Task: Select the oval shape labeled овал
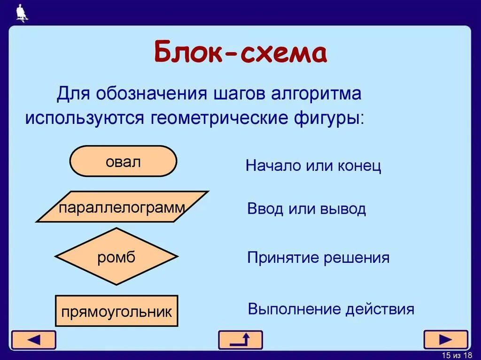tap(123, 161)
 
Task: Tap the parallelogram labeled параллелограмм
tap(122, 207)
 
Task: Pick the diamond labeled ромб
tap(116, 257)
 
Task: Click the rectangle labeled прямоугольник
tap(116, 311)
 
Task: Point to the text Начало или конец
tap(313, 166)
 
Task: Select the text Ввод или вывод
tap(306, 209)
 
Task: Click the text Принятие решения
tap(318, 258)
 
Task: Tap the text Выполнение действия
tap(331, 309)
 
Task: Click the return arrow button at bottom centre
tap(240, 340)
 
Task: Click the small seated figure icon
tap(22, 13)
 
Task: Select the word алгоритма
tap(315, 93)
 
